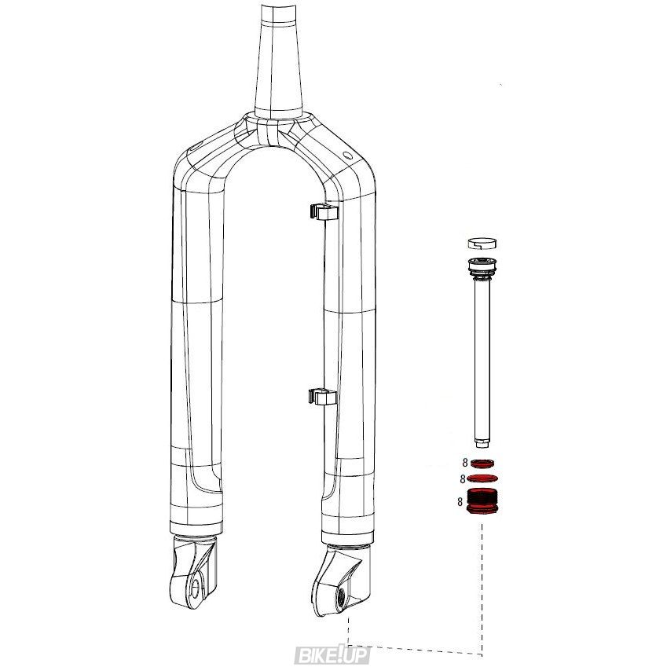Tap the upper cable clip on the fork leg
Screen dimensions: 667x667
click(324, 211)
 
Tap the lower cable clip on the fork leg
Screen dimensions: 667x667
click(322, 397)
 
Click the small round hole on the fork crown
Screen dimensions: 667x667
click(347, 154)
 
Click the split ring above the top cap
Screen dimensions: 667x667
click(482, 244)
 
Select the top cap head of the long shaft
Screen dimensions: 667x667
click(482, 268)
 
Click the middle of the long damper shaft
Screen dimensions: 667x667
click(482, 361)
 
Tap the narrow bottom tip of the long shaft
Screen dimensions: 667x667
click(482, 445)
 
